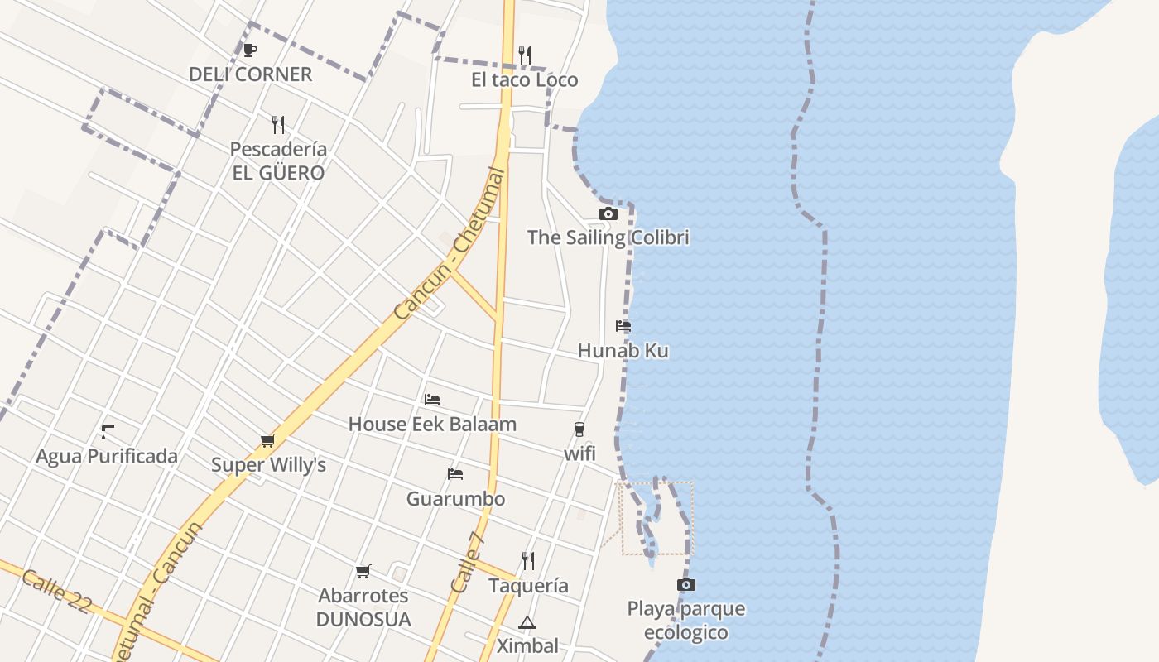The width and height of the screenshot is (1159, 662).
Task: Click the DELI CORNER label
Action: point(250,74)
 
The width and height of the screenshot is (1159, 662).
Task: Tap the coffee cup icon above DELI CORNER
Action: point(249,50)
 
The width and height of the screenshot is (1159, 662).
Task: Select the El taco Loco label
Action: point(525,80)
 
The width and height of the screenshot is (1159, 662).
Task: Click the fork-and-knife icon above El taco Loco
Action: point(525,55)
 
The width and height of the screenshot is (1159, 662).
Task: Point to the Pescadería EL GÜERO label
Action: point(278,161)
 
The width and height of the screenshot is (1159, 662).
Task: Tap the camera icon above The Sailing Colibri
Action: point(608,214)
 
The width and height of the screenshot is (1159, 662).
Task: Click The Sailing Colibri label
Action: point(608,237)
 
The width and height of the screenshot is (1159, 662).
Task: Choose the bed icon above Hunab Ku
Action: point(623,326)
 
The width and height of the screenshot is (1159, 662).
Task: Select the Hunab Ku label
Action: point(623,351)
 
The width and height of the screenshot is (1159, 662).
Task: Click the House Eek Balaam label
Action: point(432,425)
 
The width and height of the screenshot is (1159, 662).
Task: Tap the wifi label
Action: point(579,453)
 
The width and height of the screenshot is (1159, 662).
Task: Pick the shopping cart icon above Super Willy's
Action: point(267,441)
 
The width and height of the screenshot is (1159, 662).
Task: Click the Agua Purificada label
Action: point(107,457)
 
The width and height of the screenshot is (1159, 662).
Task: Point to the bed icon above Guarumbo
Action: point(455,474)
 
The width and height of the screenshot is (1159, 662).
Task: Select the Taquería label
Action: point(528,586)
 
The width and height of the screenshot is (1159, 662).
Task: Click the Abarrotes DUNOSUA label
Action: point(363,607)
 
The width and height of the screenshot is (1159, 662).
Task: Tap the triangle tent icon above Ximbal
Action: point(527,622)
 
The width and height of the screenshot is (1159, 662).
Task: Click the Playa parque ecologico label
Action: point(686,621)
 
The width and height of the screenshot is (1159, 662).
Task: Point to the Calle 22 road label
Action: point(56,591)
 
